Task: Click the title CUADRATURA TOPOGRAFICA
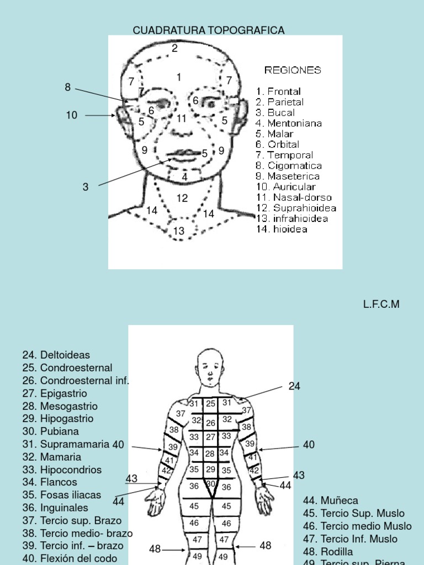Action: (x=208, y=30)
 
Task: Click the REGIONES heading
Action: (x=293, y=70)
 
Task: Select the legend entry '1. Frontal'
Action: (x=278, y=91)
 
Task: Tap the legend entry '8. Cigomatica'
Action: (x=289, y=166)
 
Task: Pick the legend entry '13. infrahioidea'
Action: (x=292, y=218)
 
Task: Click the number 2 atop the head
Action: (x=175, y=49)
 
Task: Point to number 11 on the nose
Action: (x=181, y=118)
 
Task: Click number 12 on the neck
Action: (x=182, y=198)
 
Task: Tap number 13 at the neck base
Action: (x=179, y=231)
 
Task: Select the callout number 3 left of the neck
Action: (x=86, y=187)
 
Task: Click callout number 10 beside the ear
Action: (x=71, y=115)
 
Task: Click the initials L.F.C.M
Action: (x=381, y=304)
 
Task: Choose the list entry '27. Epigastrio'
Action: (x=55, y=393)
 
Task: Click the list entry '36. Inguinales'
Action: (x=55, y=508)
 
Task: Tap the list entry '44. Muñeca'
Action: (x=331, y=500)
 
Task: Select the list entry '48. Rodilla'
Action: (x=328, y=551)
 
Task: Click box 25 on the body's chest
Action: (x=210, y=404)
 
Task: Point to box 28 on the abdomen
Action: (x=210, y=454)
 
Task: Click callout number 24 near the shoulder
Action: (x=294, y=386)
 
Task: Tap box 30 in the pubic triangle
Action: (x=211, y=484)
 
